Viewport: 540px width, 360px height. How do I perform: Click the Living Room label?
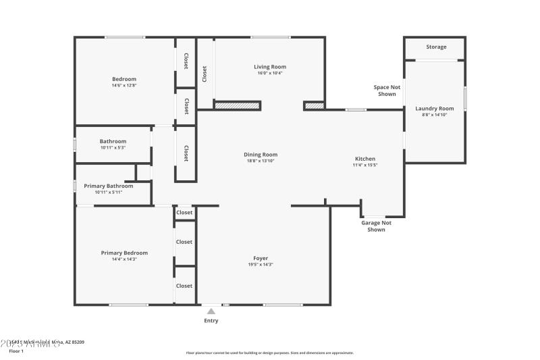point(270,67)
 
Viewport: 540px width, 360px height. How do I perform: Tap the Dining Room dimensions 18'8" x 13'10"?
point(261,161)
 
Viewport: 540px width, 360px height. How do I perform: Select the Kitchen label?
point(364,159)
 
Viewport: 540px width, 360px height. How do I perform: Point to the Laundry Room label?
point(435,108)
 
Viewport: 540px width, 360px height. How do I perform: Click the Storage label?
point(436,47)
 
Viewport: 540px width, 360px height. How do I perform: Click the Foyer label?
point(261,258)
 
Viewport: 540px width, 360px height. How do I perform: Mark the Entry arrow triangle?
point(211,311)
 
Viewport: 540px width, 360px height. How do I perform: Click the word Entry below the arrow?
point(211,321)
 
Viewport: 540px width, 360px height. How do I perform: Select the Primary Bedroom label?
point(124,253)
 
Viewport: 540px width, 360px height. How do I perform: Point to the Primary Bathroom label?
point(103,186)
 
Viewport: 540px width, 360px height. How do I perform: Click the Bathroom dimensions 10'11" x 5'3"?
point(113,147)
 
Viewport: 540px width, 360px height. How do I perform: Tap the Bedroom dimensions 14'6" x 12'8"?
point(124,85)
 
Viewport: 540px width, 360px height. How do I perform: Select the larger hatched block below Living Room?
point(237,105)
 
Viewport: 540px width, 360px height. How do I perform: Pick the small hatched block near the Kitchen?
point(314,105)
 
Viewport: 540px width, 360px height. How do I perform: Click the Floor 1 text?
point(16,351)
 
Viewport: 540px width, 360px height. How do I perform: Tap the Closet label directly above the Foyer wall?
point(184,213)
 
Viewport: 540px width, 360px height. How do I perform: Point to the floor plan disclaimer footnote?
point(269,353)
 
